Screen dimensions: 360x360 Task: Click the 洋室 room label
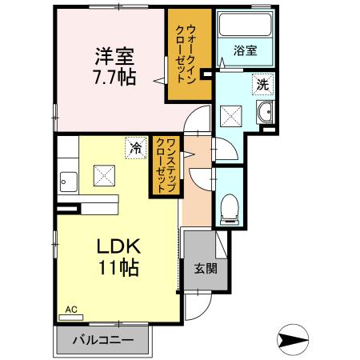click(114, 57)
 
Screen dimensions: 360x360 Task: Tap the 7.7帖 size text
click(114, 78)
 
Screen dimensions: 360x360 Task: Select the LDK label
click(118, 245)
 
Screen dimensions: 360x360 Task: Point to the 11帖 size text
click(118, 266)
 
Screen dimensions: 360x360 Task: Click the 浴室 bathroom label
click(245, 50)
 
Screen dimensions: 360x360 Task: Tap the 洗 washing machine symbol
click(262, 82)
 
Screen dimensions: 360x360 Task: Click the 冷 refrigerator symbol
click(137, 148)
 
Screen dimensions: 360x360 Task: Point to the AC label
click(70, 308)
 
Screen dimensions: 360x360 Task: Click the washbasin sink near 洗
click(266, 111)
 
